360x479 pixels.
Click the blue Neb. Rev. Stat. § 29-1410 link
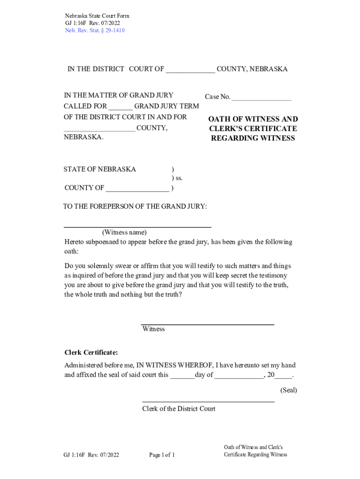pos(94,31)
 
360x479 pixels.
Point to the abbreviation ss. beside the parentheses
pos(179,178)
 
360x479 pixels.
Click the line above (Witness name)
pos(137,226)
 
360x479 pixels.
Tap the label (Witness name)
pos(124,232)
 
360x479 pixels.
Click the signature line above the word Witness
pos(208,324)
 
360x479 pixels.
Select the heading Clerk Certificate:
pos(91,352)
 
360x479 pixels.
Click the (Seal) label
pos(288,390)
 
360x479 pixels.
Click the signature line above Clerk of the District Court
pos(208,401)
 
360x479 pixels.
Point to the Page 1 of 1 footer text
pos(162,455)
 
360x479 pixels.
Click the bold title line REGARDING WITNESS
pos(253,138)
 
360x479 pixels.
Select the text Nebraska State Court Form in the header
pos(97,16)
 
